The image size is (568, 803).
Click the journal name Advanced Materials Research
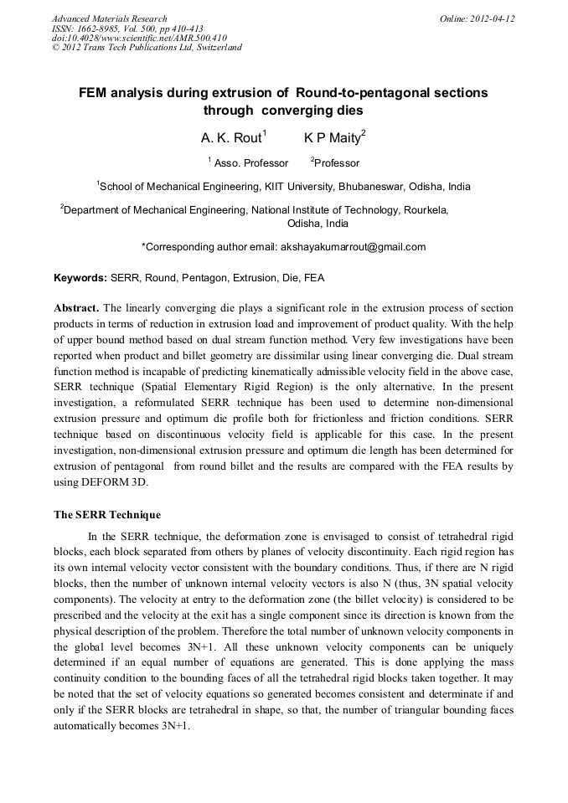[x=109, y=18]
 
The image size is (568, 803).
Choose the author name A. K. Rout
[x=231, y=138]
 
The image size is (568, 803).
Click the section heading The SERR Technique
[x=107, y=514]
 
